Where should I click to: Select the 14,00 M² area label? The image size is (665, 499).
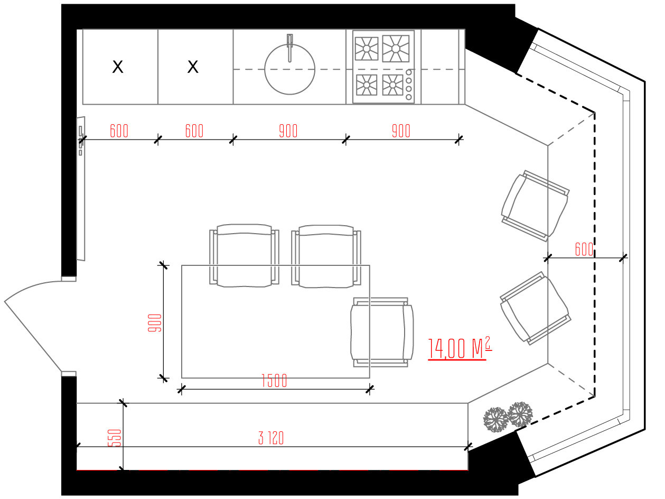(x=460, y=348)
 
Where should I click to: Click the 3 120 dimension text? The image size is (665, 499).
(x=271, y=438)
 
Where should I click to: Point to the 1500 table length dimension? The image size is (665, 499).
(x=274, y=381)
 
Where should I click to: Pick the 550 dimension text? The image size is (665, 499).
(x=115, y=438)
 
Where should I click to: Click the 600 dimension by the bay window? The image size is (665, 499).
(x=584, y=249)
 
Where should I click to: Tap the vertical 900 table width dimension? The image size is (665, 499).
(x=155, y=323)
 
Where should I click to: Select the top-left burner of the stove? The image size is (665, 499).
(x=367, y=49)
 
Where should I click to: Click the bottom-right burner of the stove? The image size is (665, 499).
(x=392, y=85)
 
